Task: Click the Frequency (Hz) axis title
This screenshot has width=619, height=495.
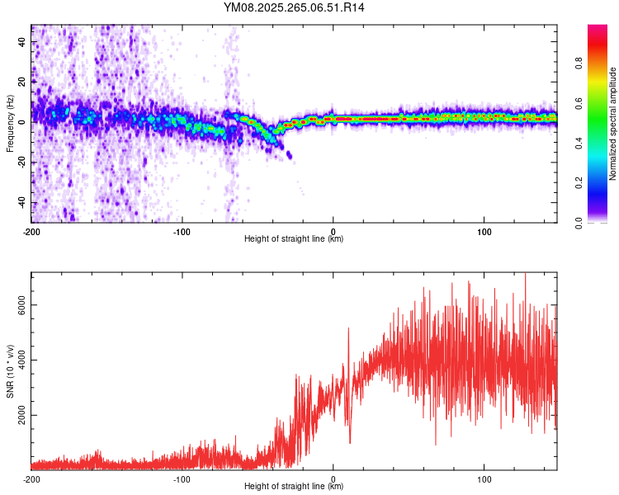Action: pos(10,124)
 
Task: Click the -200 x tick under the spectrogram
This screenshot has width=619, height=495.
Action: pos(31,231)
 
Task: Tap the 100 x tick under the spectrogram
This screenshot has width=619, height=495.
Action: pos(484,231)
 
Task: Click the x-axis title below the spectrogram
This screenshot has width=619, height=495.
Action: pos(294,239)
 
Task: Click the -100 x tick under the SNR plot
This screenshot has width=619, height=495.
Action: pos(182,479)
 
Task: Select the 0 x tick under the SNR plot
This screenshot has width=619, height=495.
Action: pos(333,479)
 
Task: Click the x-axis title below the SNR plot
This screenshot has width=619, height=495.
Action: pos(294,488)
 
